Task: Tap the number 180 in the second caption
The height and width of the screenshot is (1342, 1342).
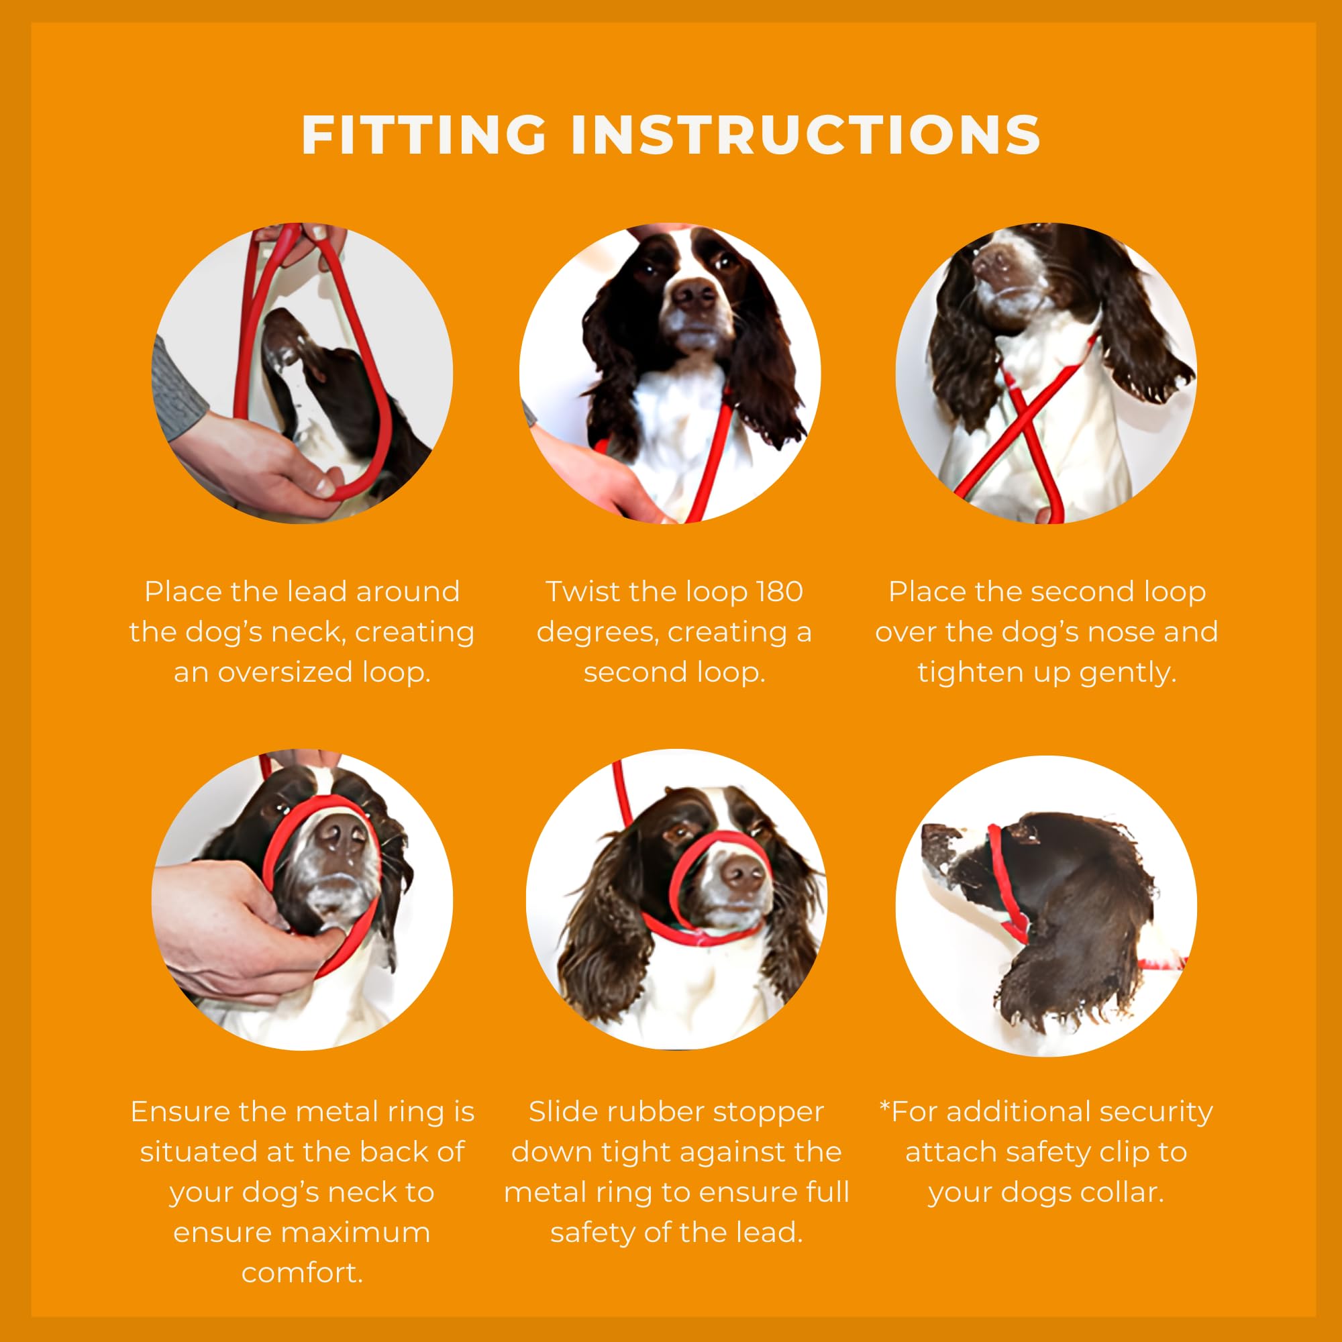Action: (779, 592)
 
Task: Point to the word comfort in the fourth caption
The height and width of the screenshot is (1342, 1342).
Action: (302, 1272)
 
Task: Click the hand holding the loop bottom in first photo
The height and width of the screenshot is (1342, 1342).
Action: (271, 472)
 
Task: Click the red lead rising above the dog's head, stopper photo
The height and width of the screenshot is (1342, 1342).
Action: (623, 792)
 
